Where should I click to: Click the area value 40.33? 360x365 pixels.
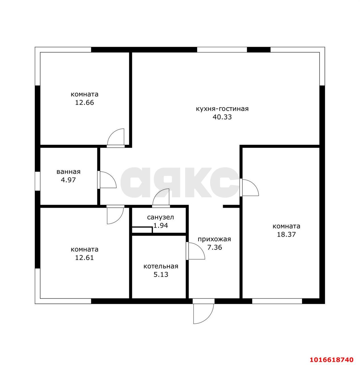point(222,117)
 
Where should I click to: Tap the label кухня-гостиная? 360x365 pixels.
point(222,109)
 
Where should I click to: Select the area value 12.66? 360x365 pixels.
point(84,102)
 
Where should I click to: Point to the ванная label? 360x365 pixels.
point(68,172)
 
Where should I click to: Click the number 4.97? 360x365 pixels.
point(68,180)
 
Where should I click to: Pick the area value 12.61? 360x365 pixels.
point(84,257)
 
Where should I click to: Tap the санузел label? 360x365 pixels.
point(160,218)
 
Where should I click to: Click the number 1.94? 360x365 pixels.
point(161,226)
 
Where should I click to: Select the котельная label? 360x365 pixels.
point(161,266)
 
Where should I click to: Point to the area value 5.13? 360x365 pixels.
point(161,274)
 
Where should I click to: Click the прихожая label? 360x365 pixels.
point(214,239)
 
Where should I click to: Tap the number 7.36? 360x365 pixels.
point(215,248)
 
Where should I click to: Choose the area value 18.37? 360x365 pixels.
point(286,234)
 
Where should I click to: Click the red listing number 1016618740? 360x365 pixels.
point(331,360)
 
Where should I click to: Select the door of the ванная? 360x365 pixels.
point(107,180)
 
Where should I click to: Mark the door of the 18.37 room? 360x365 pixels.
point(249,187)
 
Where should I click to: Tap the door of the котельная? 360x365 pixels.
point(195,251)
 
